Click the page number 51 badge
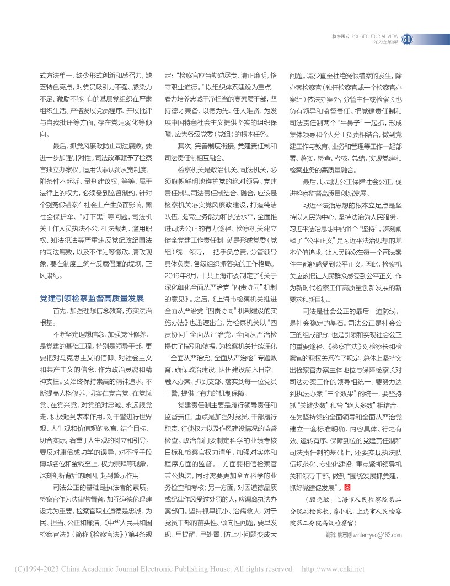pos(408,40)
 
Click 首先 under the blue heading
pos(60,311)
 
